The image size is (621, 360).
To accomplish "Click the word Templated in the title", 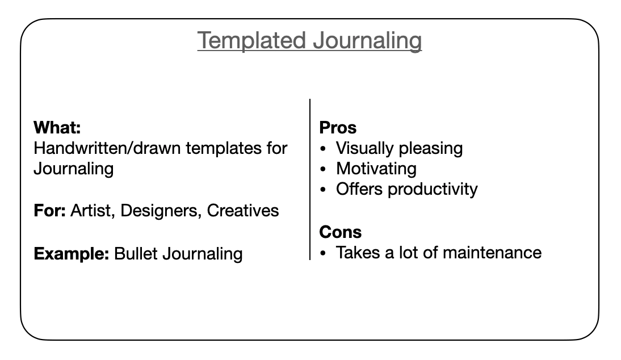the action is point(251,41).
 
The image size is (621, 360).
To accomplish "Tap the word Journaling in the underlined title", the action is point(367,41).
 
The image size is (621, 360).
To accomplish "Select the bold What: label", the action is point(57,128).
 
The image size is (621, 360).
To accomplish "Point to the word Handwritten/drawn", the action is point(107,148).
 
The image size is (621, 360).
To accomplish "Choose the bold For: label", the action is point(49,211).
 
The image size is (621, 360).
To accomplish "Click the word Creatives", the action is point(243,211).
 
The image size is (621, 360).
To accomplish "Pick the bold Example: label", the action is point(72,254).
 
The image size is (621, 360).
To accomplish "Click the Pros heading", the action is point(338,128).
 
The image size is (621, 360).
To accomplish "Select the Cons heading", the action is point(341,232).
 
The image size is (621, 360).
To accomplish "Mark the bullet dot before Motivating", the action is point(323,169).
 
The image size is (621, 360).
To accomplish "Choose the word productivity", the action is point(433,190).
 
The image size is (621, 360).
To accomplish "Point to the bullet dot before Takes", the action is point(323,253).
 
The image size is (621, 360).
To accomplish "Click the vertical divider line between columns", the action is point(310,179).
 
